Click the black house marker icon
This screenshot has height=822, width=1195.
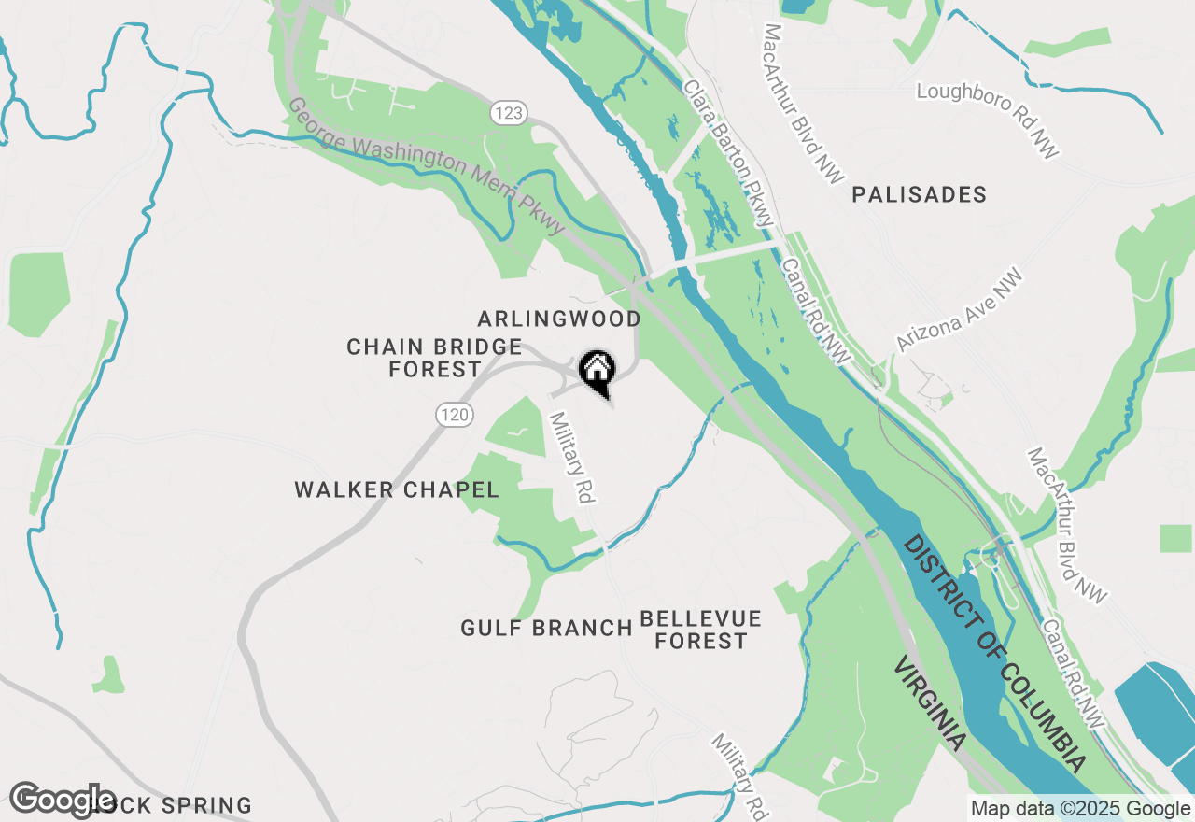[x=597, y=371]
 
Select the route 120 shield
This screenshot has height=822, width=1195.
[x=454, y=415]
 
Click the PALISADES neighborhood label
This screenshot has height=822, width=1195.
[x=919, y=195]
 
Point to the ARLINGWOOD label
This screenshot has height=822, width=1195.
[x=559, y=319]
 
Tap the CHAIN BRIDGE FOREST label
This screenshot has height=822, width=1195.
[x=434, y=359]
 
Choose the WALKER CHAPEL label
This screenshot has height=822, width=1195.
[x=397, y=490]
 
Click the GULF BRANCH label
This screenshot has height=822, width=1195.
[x=546, y=629]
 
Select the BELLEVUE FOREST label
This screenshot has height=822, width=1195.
[x=701, y=631]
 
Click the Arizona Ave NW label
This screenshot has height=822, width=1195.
[x=960, y=311]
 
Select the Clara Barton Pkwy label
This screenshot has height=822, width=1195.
[x=729, y=152]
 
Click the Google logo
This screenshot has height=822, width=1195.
[x=63, y=801]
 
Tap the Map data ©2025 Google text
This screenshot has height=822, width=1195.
[x=1079, y=809]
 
